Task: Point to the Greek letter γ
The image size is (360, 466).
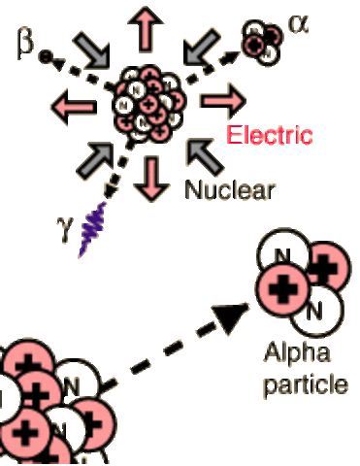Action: click(x=66, y=234)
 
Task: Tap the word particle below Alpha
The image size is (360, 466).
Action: click(x=312, y=383)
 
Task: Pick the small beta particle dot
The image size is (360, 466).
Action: click(x=45, y=57)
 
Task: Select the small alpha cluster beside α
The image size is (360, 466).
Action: click(x=258, y=40)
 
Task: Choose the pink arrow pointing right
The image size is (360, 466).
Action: click(x=221, y=101)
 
